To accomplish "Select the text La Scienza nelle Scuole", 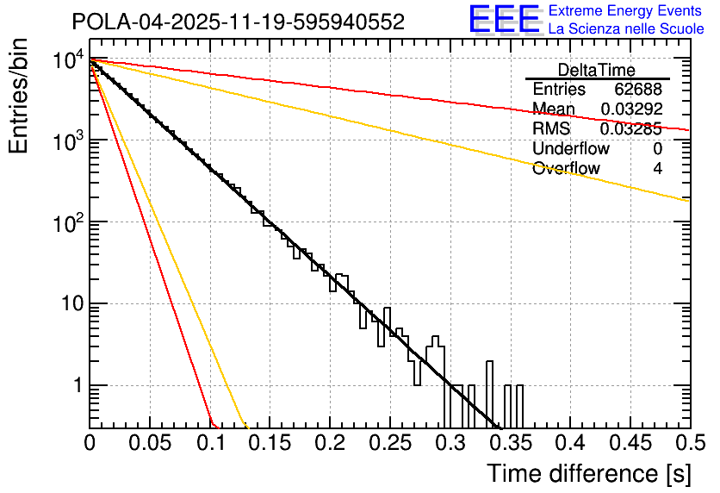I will tap(626, 29).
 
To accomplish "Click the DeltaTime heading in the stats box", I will tap(597, 70).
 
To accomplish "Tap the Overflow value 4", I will tap(657, 169).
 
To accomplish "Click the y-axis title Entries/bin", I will tap(22, 97).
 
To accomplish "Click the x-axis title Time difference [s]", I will tap(588, 473).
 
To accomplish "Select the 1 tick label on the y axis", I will tap(76, 385).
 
